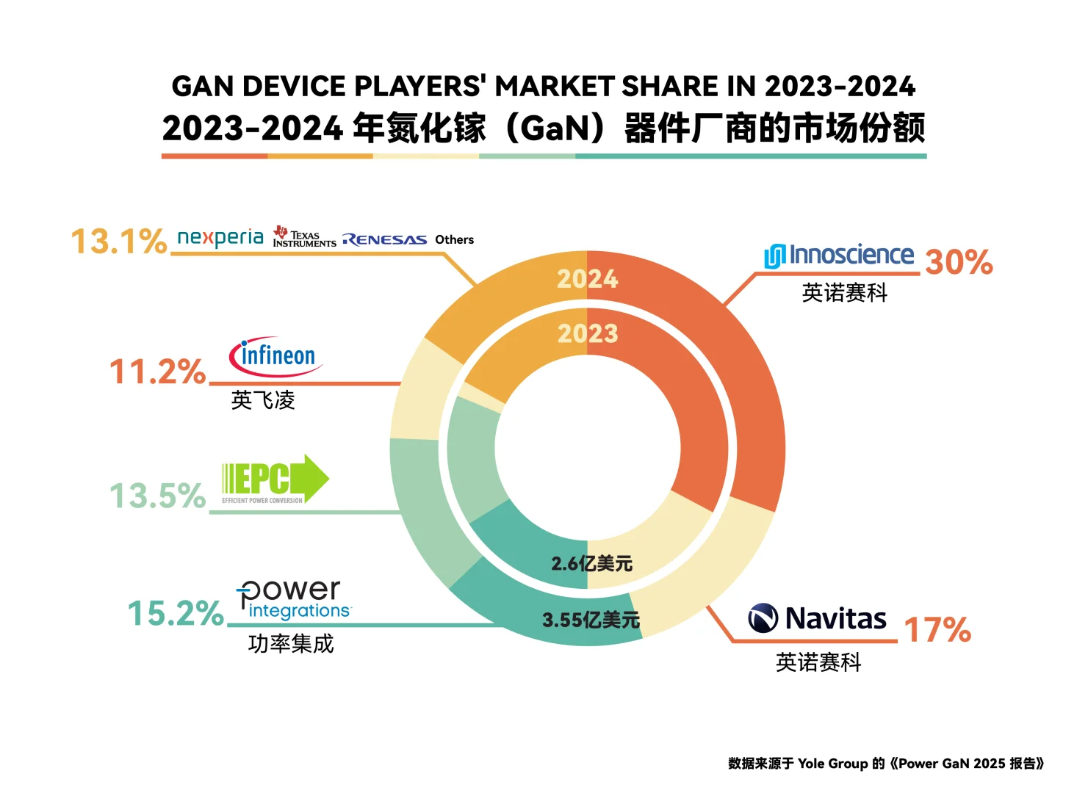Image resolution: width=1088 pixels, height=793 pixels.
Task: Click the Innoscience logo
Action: pos(839,256)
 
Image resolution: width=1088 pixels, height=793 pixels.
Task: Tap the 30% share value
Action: pos(959,262)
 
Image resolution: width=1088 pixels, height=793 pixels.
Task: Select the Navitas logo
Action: pos(817,618)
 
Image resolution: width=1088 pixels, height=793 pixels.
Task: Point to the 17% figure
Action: pos(937,630)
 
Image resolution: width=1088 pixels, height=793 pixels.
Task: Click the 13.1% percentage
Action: pos(118,242)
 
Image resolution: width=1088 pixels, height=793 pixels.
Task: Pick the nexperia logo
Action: pos(220,238)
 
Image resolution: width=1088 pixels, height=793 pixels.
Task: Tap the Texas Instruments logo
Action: pos(304,237)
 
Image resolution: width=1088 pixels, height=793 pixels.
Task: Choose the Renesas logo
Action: pos(384,240)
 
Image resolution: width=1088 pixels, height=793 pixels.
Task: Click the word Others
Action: pos(454,240)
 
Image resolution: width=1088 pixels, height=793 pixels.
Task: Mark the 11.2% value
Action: pos(157,372)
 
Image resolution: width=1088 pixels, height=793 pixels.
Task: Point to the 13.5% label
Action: pos(157,496)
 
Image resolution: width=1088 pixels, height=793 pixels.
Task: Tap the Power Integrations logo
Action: pos(293,599)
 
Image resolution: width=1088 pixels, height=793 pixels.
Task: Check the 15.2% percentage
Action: pos(176,614)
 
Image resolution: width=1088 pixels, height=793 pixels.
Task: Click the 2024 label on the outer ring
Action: pos(587,279)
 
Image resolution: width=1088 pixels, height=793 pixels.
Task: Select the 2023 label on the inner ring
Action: pos(588,334)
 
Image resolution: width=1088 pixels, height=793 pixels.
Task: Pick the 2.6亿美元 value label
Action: pos(591,564)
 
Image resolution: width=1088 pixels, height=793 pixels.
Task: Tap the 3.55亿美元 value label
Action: pos(591,620)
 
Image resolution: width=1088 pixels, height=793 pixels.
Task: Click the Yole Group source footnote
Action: pos(885,764)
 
